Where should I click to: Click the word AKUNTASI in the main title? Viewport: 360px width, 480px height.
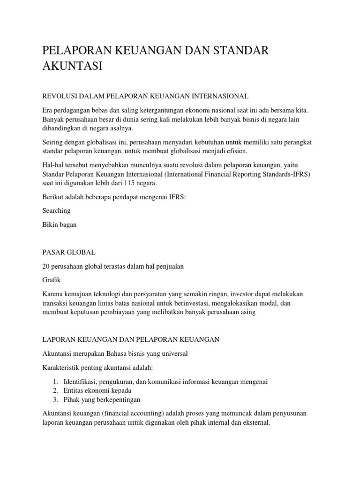pos(72,66)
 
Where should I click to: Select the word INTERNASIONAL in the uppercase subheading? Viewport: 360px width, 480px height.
pos(218,96)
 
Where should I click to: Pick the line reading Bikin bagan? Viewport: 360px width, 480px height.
pos(59,225)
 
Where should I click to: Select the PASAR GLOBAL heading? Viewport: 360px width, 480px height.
pos(69,252)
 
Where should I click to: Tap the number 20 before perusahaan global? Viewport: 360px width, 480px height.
pos(46,266)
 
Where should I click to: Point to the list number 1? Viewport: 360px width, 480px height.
pos(55,382)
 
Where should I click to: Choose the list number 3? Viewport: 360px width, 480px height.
pos(55,399)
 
